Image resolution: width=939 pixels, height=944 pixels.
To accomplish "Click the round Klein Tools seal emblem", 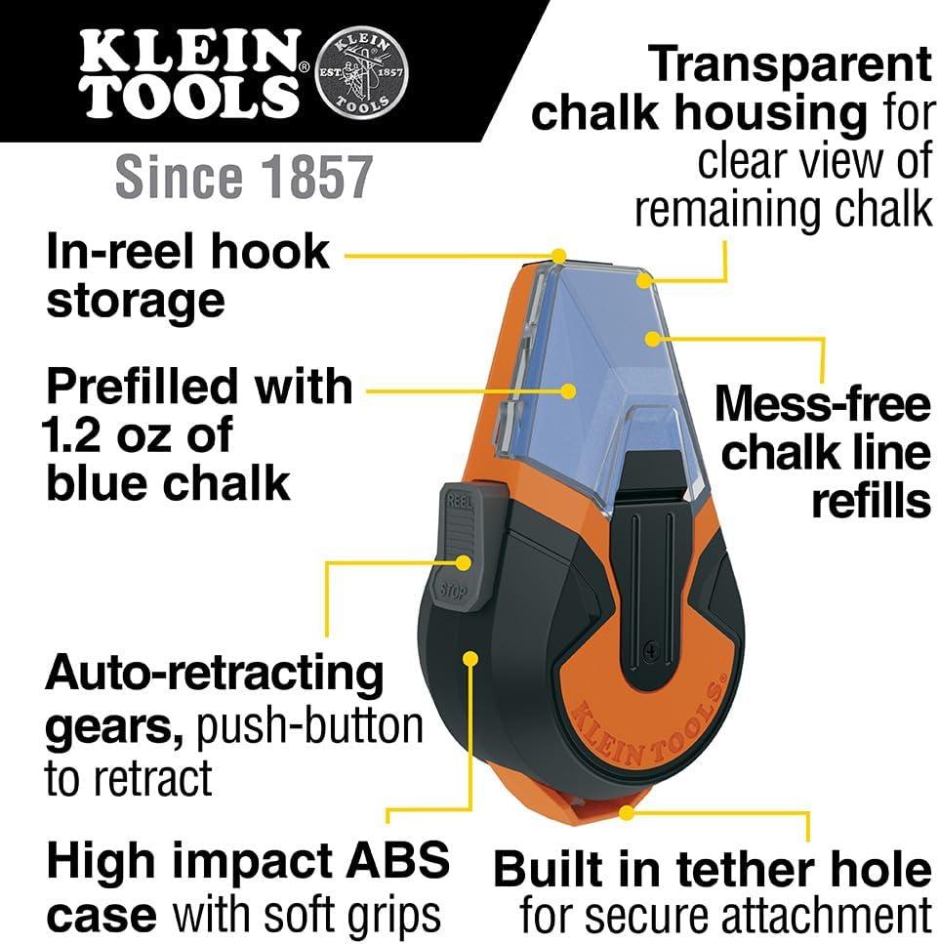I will [x=363, y=74].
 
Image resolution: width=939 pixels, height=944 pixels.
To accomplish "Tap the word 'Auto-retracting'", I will [x=216, y=673].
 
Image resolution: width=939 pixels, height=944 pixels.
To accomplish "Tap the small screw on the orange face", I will [x=651, y=645].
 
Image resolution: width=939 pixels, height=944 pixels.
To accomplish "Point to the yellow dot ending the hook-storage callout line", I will [x=558, y=257].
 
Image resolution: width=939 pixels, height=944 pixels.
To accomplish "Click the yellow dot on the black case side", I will [x=471, y=658].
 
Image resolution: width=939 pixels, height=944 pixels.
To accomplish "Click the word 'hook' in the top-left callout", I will [x=272, y=252].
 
